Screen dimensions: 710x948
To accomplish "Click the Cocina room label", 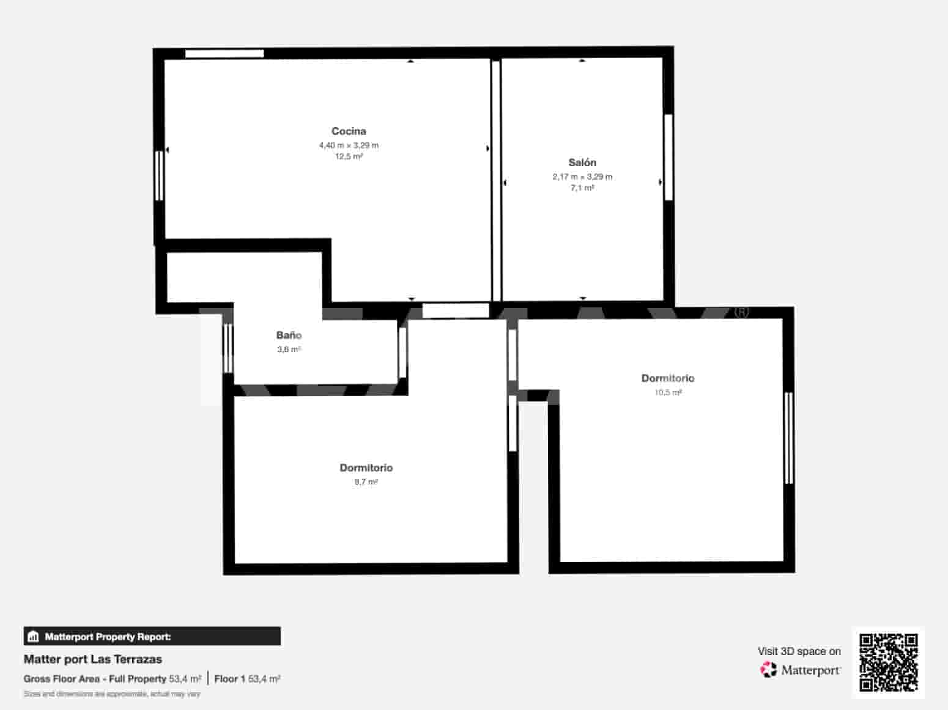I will (x=349, y=131).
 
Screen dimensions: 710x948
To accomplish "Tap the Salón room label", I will (x=582, y=163).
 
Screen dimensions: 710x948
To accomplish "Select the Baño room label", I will (x=289, y=335).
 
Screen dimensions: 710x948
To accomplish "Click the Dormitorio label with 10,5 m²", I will (x=667, y=378).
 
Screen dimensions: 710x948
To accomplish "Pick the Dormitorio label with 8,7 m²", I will (x=366, y=468).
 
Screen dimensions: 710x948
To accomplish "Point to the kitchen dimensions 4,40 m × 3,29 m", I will (x=349, y=145).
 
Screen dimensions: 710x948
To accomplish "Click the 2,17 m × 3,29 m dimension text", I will (x=582, y=177).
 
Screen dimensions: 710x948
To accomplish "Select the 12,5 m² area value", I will (x=349, y=156).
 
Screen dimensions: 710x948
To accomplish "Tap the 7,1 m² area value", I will (x=582, y=188).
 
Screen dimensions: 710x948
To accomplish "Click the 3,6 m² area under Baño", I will (x=289, y=350).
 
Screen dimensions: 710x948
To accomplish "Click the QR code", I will (x=888, y=662).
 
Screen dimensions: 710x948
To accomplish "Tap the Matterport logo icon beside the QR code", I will (x=768, y=670).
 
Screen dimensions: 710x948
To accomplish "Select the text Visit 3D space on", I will (x=799, y=651).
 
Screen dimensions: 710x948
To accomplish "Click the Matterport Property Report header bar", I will (x=152, y=637).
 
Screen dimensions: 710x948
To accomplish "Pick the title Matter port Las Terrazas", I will (x=93, y=659).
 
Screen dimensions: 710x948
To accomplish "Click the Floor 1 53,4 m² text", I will (x=247, y=679).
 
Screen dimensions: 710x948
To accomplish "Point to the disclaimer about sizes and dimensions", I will (x=112, y=694).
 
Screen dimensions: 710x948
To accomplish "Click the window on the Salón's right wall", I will (x=668, y=157).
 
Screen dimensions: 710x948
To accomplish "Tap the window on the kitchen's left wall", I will (x=159, y=175).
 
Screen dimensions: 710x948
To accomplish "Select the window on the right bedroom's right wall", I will (x=788, y=438).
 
